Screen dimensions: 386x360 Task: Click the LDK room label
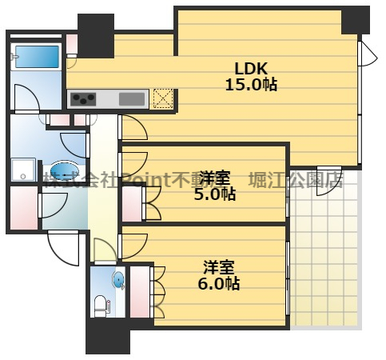click(251, 69)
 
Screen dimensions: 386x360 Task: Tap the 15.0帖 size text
click(251, 85)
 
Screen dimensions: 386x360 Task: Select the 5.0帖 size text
click(215, 194)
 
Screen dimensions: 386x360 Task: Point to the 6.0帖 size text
click(219, 283)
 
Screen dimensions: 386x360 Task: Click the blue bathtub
click(37, 57)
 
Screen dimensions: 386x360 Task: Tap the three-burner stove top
click(83, 99)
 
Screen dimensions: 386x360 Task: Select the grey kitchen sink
click(132, 99)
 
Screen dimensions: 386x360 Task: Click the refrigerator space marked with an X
click(163, 98)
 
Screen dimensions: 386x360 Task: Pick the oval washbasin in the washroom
click(65, 170)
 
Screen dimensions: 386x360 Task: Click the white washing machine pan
click(23, 170)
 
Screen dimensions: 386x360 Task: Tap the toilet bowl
click(101, 306)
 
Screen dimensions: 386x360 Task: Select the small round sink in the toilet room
click(118, 280)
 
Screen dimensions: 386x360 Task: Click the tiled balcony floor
click(325, 249)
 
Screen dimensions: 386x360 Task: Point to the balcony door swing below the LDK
click(329, 182)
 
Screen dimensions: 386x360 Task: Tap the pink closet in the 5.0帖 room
click(132, 204)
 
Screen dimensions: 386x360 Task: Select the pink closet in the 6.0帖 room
click(140, 292)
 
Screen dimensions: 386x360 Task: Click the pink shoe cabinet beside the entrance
click(24, 208)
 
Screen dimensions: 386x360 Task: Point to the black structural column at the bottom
click(108, 336)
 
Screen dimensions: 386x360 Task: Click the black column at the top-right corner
click(356, 21)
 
